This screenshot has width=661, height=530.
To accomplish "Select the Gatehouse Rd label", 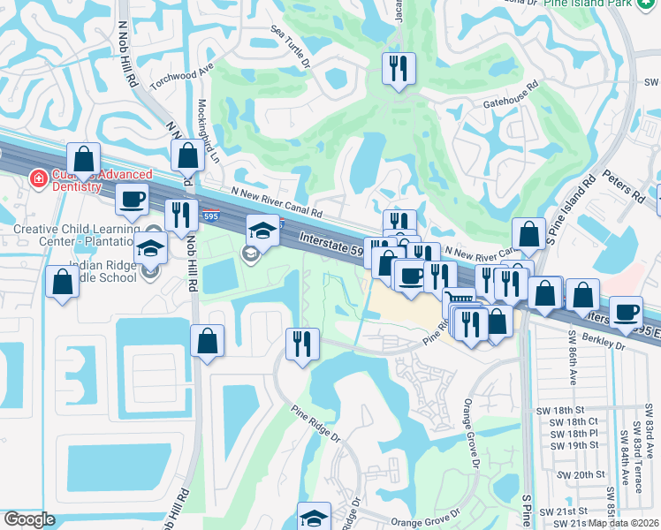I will (x=511, y=98).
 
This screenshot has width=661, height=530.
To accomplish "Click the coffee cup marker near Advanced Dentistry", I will (x=133, y=200).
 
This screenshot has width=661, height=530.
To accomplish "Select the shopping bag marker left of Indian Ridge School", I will (x=63, y=284).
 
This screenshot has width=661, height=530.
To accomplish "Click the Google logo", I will (x=29, y=519).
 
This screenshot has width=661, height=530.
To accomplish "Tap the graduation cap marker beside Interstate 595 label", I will (x=262, y=231).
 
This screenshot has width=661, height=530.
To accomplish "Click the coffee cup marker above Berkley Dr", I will (x=627, y=312).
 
